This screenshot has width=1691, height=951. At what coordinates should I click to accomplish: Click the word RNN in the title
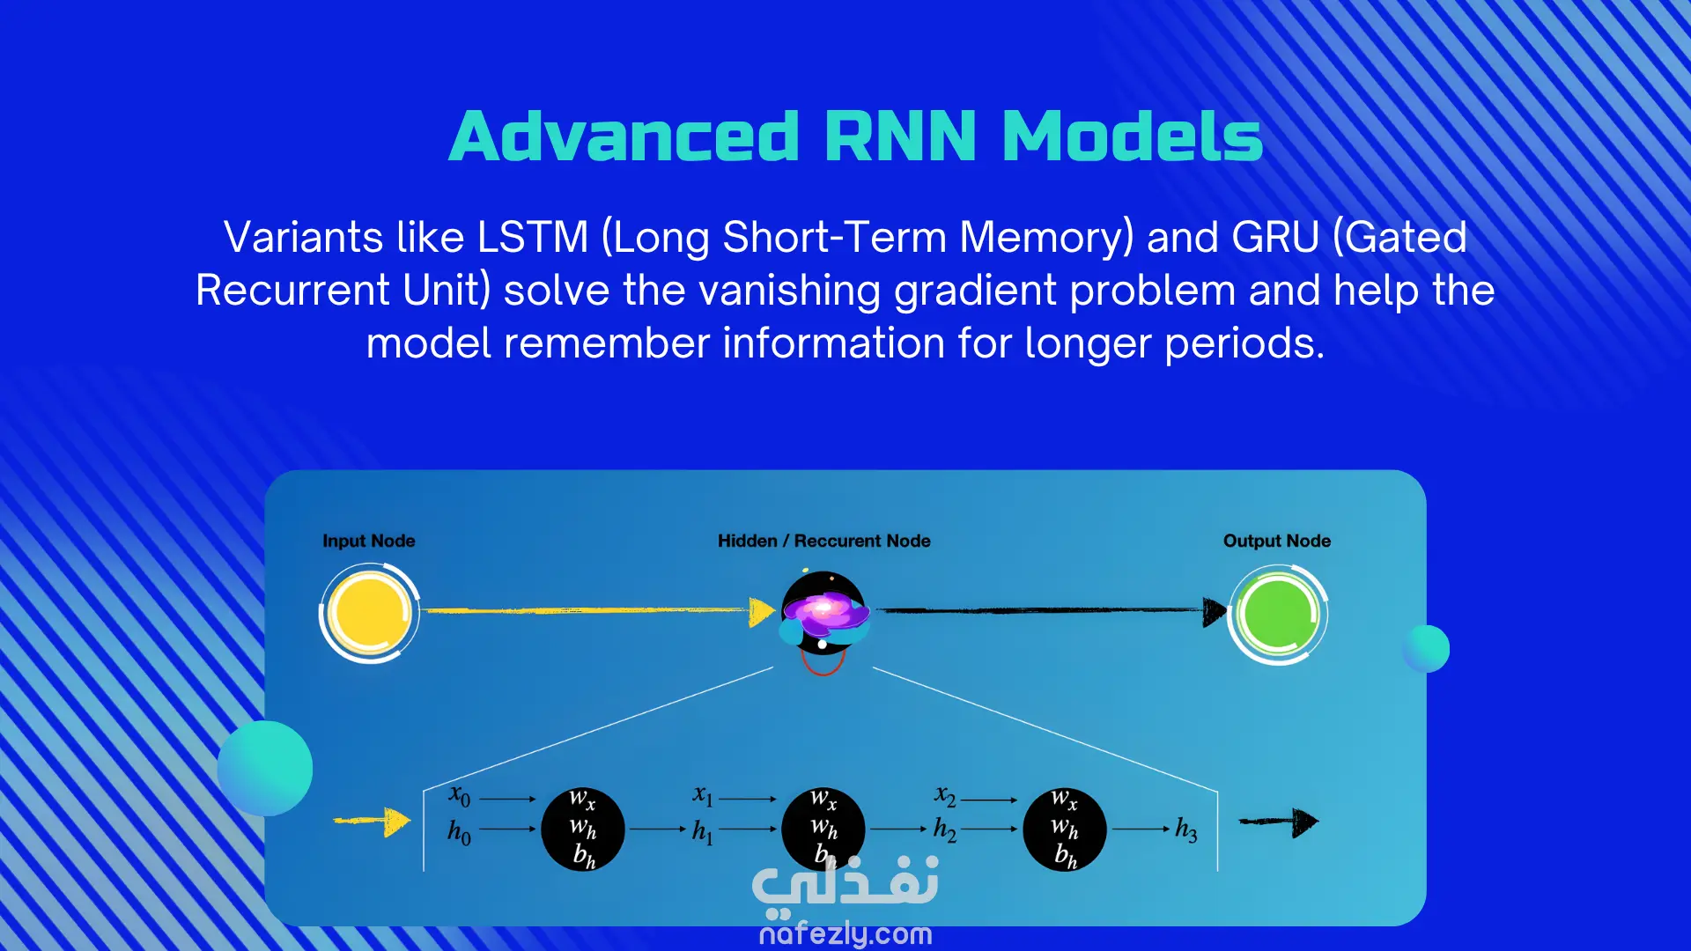pyautogui.click(x=900, y=137)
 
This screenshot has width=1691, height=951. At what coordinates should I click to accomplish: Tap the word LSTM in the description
pyautogui.click(x=532, y=237)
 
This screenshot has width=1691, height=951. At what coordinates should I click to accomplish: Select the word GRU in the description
pyautogui.click(x=1275, y=237)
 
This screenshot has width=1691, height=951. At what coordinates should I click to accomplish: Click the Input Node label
pyautogui.click(x=368, y=541)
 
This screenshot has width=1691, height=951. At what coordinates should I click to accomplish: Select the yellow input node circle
pyautogui.click(x=369, y=614)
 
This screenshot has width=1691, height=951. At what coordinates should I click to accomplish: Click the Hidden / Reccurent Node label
pyautogui.click(x=824, y=541)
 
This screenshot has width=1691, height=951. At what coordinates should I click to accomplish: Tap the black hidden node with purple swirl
pyautogui.click(x=824, y=614)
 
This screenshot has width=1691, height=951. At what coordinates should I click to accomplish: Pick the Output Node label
pyautogui.click(x=1277, y=541)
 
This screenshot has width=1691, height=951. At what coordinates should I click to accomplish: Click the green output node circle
pyautogui.click(x=1278, y=614)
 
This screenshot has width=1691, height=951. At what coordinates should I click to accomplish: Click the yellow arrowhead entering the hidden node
pyautogui.click(x=762, y=612)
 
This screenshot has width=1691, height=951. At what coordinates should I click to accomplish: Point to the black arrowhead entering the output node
pyautogui.click(x=1215, y=612)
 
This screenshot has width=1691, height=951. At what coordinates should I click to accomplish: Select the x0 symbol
pyautogui.click(x=460, y=796)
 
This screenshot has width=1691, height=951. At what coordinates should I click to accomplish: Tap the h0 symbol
pyautogui.click(x=459, y=831)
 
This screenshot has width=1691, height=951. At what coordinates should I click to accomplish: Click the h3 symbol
pyautogui.click(x=1186, y=829)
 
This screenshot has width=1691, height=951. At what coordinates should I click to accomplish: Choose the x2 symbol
pyautogui.click(x=945, y=796)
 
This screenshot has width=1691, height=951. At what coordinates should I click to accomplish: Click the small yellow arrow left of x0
pyautogui.click(x=373, y=822)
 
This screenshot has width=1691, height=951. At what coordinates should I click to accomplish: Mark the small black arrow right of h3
pyautogui.click(x=1279, y=822)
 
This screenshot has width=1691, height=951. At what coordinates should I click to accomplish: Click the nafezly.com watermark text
pyautogui.click(x=845, y=933)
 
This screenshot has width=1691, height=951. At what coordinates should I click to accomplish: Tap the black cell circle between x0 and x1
pyautogui.click(x=583, y=829)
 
